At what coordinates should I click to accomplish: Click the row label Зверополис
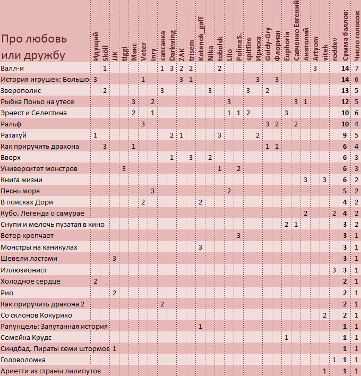(21, 91)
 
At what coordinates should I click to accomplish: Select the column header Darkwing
(172, 45)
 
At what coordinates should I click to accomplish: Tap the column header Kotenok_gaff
(201, 39)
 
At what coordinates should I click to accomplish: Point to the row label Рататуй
(13, 135)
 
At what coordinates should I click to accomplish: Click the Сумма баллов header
(345, 35)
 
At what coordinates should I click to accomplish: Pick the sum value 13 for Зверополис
(345, 91)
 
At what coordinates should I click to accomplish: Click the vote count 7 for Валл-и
(356, 69)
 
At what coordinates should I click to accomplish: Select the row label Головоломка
(23, 360)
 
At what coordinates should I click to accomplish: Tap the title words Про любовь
(34, 39)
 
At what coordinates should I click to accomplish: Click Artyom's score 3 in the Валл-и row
(315, 69)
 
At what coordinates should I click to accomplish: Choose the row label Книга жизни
(22, 180)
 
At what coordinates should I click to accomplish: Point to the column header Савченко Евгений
(297, 30)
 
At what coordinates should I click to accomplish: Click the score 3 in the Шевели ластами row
(114, 258)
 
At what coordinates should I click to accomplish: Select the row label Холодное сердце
(30, 281)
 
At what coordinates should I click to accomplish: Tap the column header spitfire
(248, 49)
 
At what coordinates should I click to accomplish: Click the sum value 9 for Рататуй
(345, 135)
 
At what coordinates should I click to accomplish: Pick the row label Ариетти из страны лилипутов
(50, 371)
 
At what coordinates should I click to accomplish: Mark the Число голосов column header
(357, 35)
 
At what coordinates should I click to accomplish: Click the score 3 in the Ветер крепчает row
(238, 236)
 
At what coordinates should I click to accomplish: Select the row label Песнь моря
(20, 191)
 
